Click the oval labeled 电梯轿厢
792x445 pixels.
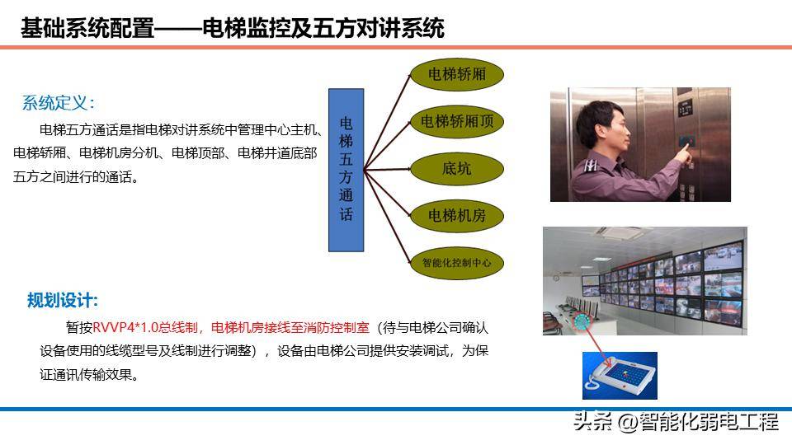pos(456,75)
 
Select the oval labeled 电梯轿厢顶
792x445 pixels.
pos(456,122)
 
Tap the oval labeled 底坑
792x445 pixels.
pos(456,168)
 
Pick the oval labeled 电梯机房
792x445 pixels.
pos(456,216)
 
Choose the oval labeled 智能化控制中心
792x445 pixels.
pos(456,263)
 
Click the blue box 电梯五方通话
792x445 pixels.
pos(346,170)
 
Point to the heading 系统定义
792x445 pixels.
pos(58,103)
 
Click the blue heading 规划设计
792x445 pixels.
pos(62,300)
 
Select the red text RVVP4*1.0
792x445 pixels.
pos(125,327)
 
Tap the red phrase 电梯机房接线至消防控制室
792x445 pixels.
pos(290,327)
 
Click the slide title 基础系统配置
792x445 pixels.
pos(87,28)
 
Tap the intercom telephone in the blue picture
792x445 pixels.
pos(620,376)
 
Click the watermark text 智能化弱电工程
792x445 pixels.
pos(709,422)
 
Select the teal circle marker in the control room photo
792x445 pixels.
pos(582,321)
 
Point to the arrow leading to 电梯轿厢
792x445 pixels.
pos(388,122)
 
